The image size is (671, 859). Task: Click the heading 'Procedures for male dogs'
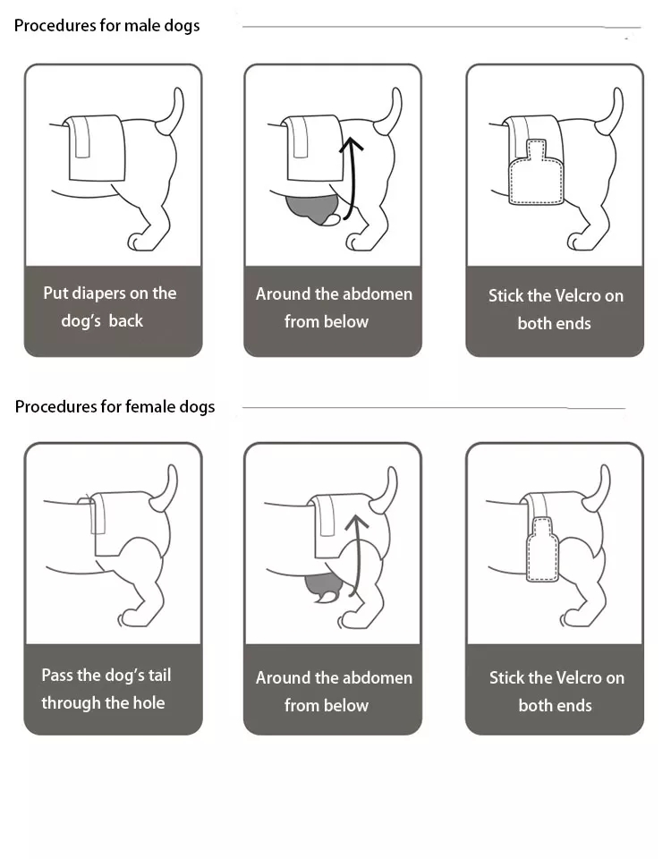click(x=106, y=26)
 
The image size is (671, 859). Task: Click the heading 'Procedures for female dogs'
click(x=115, y=406)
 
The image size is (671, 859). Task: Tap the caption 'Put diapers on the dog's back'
click(x=109, y=306)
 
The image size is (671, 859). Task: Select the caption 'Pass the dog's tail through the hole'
click(x=106, y=689)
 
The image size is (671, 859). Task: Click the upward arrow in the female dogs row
click(x=356, y=555)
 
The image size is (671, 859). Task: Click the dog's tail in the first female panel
click(x=166, y=489)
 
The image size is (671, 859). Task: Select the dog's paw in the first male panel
click(x=140, y=241)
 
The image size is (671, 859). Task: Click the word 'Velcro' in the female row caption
click(x=579, y=677)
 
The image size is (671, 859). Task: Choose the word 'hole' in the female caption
click(x=149, y=702)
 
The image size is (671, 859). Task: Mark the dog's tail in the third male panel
click(x=611, y=111)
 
